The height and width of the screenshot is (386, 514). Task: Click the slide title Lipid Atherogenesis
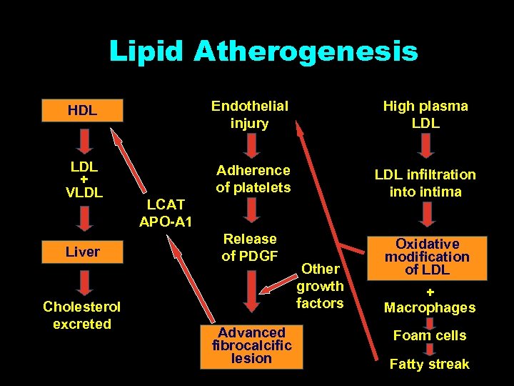(263, 51)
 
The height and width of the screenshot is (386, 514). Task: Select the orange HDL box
(83, 111)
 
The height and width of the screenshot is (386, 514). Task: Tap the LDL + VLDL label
(85, 179)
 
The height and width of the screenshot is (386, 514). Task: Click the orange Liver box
(83, 252)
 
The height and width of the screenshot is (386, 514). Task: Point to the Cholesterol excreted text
(82, 315)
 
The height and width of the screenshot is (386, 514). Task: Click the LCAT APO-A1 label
(166, 213)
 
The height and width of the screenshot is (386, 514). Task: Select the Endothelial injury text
(249, 114)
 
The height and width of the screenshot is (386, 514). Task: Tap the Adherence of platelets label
(253, 179)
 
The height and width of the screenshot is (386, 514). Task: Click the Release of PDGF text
(249, 247)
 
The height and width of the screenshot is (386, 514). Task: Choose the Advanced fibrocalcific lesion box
(251, 346)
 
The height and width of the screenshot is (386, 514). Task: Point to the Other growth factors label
(321, 286)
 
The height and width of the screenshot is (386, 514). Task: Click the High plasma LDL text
(425, 114)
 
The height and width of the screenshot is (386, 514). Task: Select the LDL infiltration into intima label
(425, 183)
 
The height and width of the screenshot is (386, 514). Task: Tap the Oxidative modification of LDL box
(428, 257)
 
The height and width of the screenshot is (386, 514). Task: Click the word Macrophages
(430, 308)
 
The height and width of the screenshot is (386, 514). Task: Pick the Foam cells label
(430, 335)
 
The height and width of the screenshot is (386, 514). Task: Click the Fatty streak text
(430, 364)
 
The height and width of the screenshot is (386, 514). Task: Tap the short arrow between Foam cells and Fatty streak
(429, 350)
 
